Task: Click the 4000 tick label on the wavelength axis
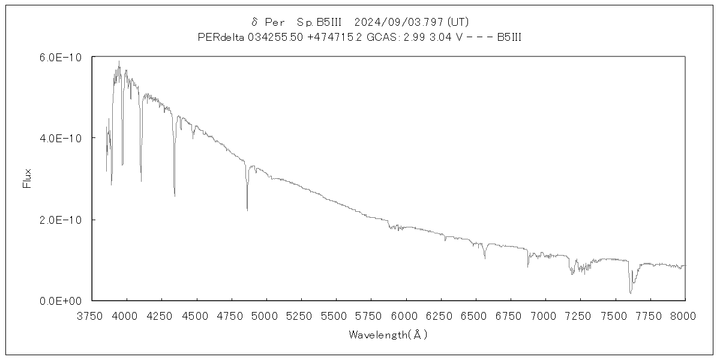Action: [125, 315]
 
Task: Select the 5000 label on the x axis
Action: [265, 315]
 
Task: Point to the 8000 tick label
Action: [685, 315]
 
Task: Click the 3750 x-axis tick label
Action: [91, 315]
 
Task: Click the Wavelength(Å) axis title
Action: [388, 335]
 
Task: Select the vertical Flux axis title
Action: [26, 179]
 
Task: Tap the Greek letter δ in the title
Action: [255, 22]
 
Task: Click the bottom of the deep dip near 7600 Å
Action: [631, 293]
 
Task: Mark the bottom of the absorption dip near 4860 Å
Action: [247, 210]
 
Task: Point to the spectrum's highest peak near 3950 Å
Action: [119, 61]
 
